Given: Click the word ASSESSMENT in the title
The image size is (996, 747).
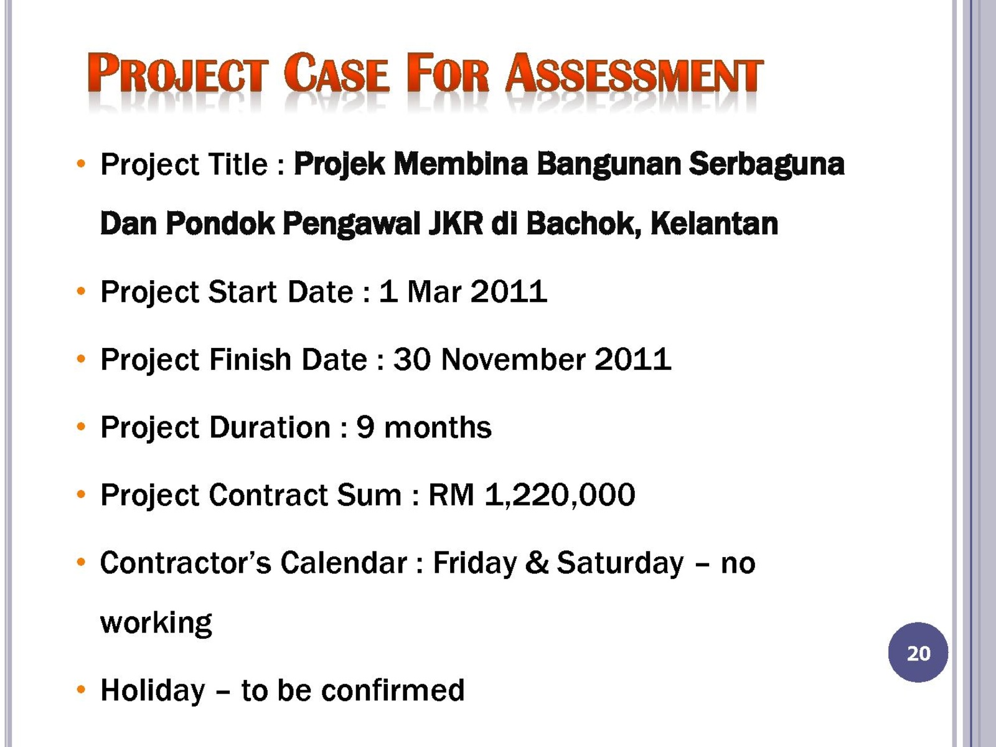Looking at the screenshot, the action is (x=634, y=73).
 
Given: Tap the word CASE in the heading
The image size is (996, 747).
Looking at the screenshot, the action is (x=336, y=73).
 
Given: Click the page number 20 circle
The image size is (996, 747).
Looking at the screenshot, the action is (x=918, y=652).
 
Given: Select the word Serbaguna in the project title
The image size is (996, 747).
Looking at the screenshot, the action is (x=766, y=164).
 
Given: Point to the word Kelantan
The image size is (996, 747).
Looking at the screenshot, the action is (x=714, y=223).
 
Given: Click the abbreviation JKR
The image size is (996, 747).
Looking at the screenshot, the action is (x=456, y=223).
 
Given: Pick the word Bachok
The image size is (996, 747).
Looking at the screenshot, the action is (x=584, y=225).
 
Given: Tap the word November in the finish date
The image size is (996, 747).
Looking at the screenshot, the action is (x=513, y=360).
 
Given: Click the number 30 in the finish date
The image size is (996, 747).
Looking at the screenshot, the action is (x=411, y=360).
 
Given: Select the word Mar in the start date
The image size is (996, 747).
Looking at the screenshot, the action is (x=435, y=291).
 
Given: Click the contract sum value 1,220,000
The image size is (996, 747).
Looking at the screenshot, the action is (x=560, y=495).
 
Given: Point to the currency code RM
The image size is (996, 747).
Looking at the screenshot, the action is (x=451, y=495).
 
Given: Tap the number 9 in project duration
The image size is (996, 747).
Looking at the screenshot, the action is (x=365, y=427).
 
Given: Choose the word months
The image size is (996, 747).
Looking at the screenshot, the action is (x=438, y=427).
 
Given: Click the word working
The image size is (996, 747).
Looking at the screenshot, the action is (x=156, y=623).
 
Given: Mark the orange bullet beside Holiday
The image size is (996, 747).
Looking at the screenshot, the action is (x=81, y=690).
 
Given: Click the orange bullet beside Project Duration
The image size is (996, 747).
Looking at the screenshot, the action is (x=81, y=427).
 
